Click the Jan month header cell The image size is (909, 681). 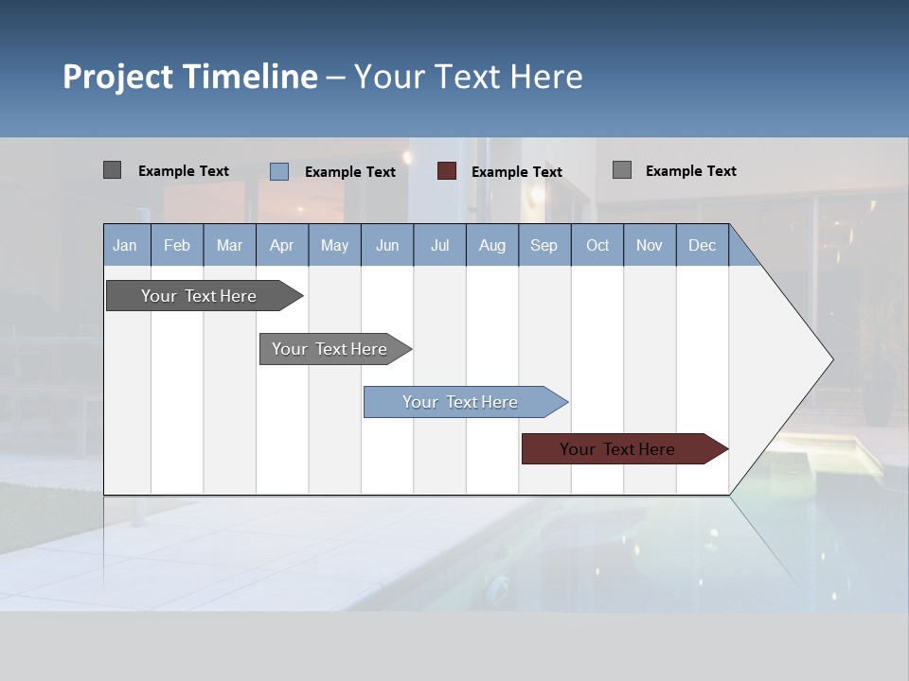125,245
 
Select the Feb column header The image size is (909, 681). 177,245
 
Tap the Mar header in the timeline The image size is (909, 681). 229,245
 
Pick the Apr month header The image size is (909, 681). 282,245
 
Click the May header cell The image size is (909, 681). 334,245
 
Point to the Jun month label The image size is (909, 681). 387,245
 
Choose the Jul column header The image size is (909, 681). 439,245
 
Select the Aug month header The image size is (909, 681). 492,245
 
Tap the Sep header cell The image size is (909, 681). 544,245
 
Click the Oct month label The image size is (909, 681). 597,245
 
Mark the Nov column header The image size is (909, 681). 650,245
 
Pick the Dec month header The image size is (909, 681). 703,245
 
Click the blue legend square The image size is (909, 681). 279,171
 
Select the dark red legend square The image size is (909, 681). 447,171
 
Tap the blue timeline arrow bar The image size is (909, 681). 461,402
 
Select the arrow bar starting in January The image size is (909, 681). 200,296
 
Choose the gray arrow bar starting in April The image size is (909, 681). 330,349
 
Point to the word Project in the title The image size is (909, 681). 118,77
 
